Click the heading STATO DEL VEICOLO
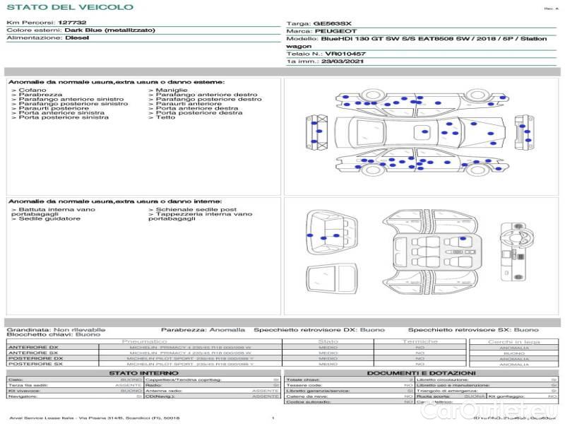pos(69,7)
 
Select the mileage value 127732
pos(72,23)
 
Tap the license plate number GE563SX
pos(333,23)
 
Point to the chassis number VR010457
pos(345,54)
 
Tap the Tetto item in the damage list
pos(165,117)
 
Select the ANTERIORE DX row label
pos(33,347)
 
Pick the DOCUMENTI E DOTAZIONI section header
pos(421,372)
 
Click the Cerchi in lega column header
pos(513,341)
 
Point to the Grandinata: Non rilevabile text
pos(56,329)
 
